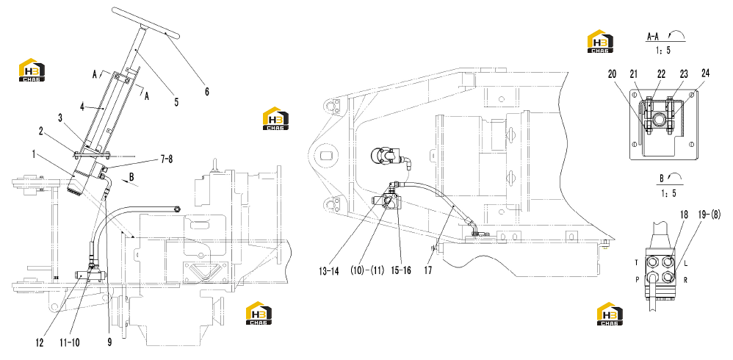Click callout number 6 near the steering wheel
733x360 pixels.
click(x=206, y=92)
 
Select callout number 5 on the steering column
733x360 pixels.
click(x=176, y=101)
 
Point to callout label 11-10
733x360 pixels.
click(x=69, y=342)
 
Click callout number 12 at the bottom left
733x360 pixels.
click(x=39, y=342)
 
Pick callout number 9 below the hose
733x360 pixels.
click(x=109, y=342)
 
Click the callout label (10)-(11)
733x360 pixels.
click(x=368, y=270)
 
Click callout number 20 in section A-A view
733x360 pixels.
click(x=613, y=73)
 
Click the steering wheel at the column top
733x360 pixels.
click(x=145, y=23)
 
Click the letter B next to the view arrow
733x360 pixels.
click(x=131, y=178)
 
